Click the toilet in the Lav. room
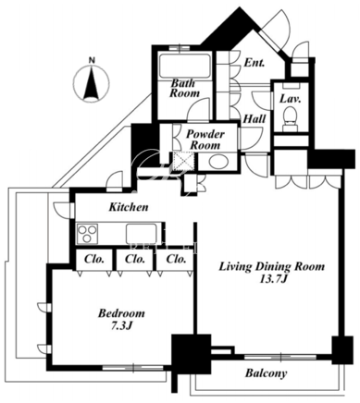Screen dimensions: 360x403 pyautogui.click(x=291, y=118)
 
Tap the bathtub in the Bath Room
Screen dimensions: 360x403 pyautogui.click(x=185, y=66)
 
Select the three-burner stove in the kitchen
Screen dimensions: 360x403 pyautogui.click(x=88, y=234)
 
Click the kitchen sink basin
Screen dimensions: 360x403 pyautogui.click(x=142, y=234)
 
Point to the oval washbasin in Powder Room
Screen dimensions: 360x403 pyautogui.click(x=217, y=161)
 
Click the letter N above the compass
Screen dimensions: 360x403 pyautogui.click(x=92, y=60)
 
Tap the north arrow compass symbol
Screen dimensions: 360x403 pyautogui.click(x=92, y=83)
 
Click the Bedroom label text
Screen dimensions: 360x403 pyautogui.click(x=121, y=313)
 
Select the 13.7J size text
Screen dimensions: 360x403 pyautogui.click(x=271, y=279)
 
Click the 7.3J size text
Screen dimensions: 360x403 pyautogui.click(x=121, y=326)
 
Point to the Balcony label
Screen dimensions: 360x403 pyautogui.click(x=266, y=373)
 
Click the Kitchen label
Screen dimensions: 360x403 pyautogui.click(x=129, y=207)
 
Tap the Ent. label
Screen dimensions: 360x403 pyautogui.click(x=254, y=63)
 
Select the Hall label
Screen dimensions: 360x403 pyautogui.click(x=254, y=118)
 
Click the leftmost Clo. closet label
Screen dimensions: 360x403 pyautogui.click(x=94, y=260)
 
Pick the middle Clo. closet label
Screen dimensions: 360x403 pyautogui.click(x=135, y=260)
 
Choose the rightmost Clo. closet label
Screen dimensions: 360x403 pyautogui.click(x=176, y=260)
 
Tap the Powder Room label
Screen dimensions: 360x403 pyautogui.click(x=205, y=140)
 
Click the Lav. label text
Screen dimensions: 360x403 pyautogui.click(x=290, y=99)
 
